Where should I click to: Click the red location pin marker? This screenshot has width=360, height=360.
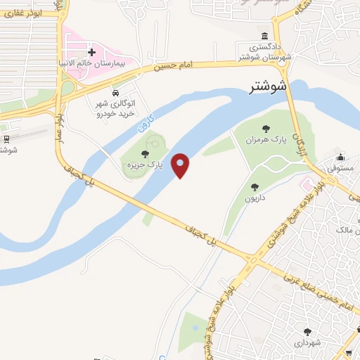(181, 165)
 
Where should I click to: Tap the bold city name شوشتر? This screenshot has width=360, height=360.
(269, 88)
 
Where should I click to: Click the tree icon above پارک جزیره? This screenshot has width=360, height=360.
(145, 153)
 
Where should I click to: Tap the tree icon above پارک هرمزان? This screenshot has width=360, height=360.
(266, 128)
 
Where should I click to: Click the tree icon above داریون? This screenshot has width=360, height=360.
(255, 187)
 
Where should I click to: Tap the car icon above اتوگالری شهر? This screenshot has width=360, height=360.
(115, 93)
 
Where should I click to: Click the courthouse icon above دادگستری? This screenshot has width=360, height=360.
(264, 37)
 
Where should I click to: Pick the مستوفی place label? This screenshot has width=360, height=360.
(340, 169)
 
